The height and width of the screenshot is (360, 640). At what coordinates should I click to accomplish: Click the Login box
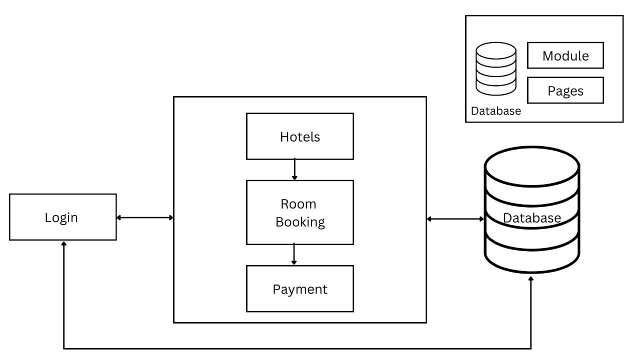(x=62, y=217)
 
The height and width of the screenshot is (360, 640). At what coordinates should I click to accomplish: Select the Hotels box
(x=299, y=136)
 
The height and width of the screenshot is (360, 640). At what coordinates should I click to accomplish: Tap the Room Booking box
(x=299, y=212)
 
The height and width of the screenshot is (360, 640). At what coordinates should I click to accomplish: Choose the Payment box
(x=299, y=289)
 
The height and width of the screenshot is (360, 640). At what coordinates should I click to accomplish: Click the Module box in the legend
(x=565, y=55)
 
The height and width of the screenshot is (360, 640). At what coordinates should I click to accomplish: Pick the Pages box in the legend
(x=565, y=90)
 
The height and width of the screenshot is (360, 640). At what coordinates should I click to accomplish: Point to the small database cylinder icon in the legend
(x=495, y=68)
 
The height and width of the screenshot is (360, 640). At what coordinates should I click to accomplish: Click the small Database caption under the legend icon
(x=495, y=111)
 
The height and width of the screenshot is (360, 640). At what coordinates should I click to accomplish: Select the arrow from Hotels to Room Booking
(x=294, y=169)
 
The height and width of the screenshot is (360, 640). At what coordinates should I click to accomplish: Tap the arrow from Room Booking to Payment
(x=294, y=254)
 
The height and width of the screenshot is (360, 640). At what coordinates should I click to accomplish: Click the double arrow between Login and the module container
(x=145, y=217)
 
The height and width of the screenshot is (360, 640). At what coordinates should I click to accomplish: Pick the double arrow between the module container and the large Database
(x=455, y=218)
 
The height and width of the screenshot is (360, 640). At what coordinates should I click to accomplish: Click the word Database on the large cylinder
(x=531, y=218)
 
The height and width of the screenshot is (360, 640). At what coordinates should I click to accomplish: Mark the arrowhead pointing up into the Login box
(x=63, y=244)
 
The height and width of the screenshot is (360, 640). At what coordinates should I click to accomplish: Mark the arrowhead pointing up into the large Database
(x=531, y=277)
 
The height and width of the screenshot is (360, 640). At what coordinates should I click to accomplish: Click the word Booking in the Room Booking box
(x=300, y=221)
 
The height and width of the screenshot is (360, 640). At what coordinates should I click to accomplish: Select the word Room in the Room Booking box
(x=298, y=204)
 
